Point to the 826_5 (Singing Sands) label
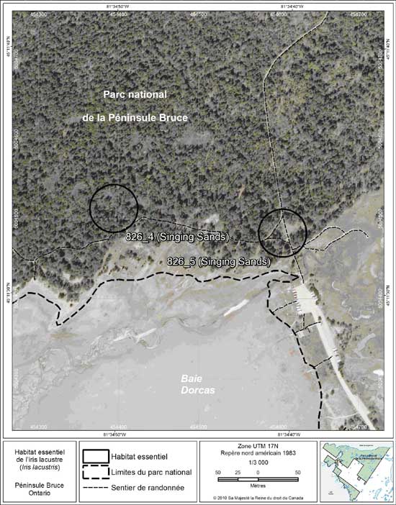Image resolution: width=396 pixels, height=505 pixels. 218,261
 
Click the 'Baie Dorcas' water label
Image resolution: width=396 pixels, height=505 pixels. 194,383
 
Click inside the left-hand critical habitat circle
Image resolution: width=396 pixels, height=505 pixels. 113,207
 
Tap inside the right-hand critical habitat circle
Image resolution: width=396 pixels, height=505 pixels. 282,232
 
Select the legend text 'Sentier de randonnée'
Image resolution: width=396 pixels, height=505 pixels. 148,488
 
